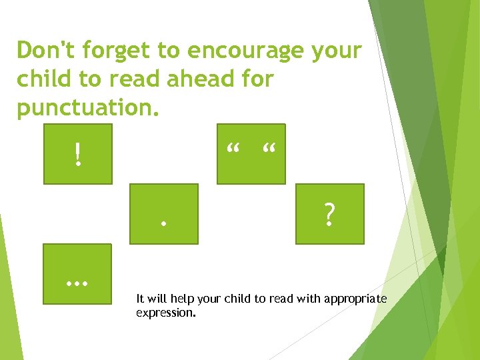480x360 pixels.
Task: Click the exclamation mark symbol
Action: pyautogui.click(x=79, y=155)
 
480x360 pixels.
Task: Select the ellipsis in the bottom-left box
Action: pyautogui.click(x=78, y=282)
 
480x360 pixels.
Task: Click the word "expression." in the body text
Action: pyautogui.click(x=166, y=311)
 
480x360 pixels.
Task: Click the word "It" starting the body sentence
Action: pyautogui.click(x=139, y=299)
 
